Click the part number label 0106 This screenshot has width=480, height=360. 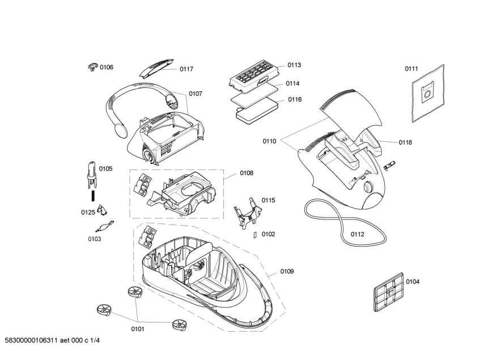tap(107, 67)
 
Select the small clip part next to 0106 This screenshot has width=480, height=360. tap(93, 67)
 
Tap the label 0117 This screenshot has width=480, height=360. tap(186, 69)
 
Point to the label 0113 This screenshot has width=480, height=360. tap(294, 65)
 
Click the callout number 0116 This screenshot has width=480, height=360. tap(295, 100)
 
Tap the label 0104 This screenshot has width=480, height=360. tap(413, 282)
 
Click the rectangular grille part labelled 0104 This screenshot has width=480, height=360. tap(388, 293)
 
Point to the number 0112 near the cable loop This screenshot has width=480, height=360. tap(357, 234)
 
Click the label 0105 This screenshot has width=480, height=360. tap(106, 168)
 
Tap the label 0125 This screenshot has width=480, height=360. tap(87, 213)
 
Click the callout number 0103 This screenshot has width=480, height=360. tap(94, 239)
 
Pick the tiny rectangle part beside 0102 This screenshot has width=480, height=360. tap(255, 234)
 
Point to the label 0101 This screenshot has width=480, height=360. tap(138, 328)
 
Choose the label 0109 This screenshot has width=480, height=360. tap(287, 272)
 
